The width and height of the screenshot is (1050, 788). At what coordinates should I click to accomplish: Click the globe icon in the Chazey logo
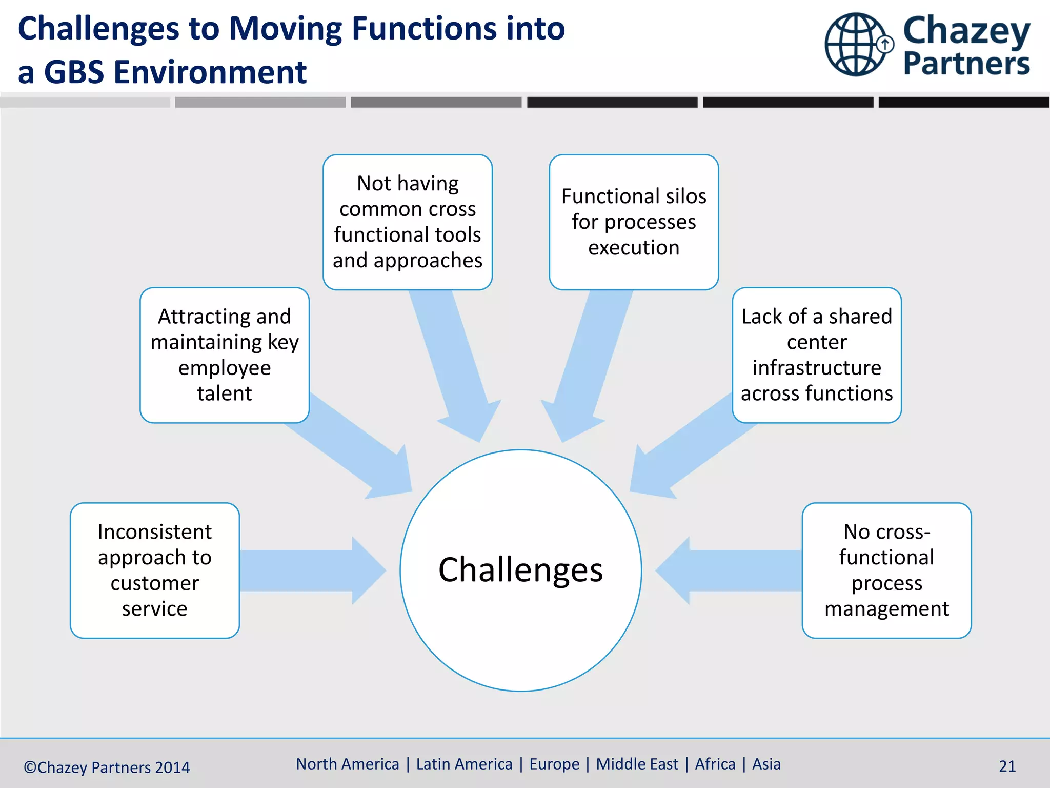coord(856,45)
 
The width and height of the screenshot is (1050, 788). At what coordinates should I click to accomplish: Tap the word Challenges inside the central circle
coord(520,570)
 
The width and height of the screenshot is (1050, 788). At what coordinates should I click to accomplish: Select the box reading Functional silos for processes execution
coord(634,222)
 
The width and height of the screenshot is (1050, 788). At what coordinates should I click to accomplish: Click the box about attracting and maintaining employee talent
coord(225,355)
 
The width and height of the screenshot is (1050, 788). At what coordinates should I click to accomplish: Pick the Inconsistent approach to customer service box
coord(155,570)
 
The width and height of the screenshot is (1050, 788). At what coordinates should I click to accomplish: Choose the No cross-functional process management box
coord(886,570)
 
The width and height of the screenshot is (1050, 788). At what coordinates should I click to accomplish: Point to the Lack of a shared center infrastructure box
coord(817,355)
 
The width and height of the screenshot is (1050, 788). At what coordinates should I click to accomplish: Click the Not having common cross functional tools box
coord(408,222)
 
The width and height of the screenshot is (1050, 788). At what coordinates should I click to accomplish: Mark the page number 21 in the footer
coord(1007,766)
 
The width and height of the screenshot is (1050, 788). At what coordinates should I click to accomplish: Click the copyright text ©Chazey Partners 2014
coord(107,767)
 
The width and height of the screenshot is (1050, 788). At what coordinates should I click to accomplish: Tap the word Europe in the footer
coord(554,764)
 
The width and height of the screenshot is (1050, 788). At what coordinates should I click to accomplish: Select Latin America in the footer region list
coord(464,764)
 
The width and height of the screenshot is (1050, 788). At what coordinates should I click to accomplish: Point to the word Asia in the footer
coord(766,764)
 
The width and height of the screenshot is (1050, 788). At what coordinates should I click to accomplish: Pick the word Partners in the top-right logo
coord(966,64)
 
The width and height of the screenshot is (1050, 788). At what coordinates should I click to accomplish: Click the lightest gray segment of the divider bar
coord(85,102)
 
